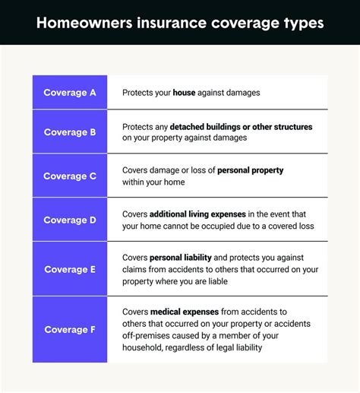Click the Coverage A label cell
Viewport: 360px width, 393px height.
coord(70,93)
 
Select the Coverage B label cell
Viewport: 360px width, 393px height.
coord(70,132)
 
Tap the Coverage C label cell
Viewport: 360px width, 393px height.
coord(70,176)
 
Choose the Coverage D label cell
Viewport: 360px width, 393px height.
coord(70,220)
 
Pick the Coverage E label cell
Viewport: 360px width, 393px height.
coord(70,269)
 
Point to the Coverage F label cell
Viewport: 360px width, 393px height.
coord(70,329)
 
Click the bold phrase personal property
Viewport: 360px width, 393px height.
coord(250,170)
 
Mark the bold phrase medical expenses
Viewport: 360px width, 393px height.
coord(185,312)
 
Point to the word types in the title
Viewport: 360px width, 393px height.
coord(302,23)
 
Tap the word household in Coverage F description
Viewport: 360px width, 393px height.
coord(144,348)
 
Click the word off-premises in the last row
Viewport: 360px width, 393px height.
coord(148,336)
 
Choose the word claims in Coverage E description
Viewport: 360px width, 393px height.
coord(135,270)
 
